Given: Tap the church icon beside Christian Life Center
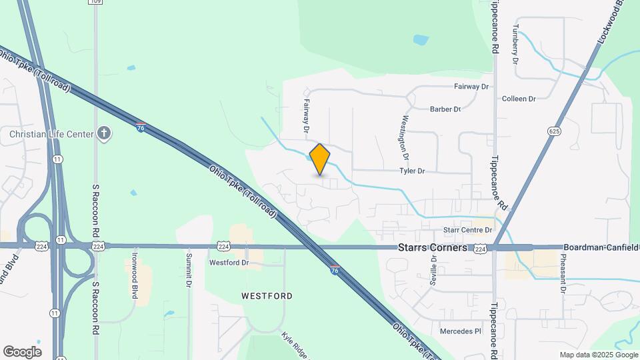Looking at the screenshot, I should [103, 134].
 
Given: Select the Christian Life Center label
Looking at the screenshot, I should [51, 134].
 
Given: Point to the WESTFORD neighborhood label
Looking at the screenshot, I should [267, 295].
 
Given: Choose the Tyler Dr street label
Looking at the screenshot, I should [412, 171].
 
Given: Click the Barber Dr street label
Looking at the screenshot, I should [445, 109].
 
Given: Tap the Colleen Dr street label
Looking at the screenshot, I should [519, 99].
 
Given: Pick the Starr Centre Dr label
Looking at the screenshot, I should [467, 230].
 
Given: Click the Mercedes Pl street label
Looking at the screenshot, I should [460, 331].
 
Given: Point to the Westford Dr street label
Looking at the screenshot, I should [229, 263].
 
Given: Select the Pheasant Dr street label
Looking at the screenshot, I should [563, 273].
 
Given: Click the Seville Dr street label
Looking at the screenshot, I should [433, 271].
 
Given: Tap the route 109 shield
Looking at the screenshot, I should [96, 2].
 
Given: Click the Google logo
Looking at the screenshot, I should [22, 352].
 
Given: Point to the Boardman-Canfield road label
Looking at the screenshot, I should [601, 247].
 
